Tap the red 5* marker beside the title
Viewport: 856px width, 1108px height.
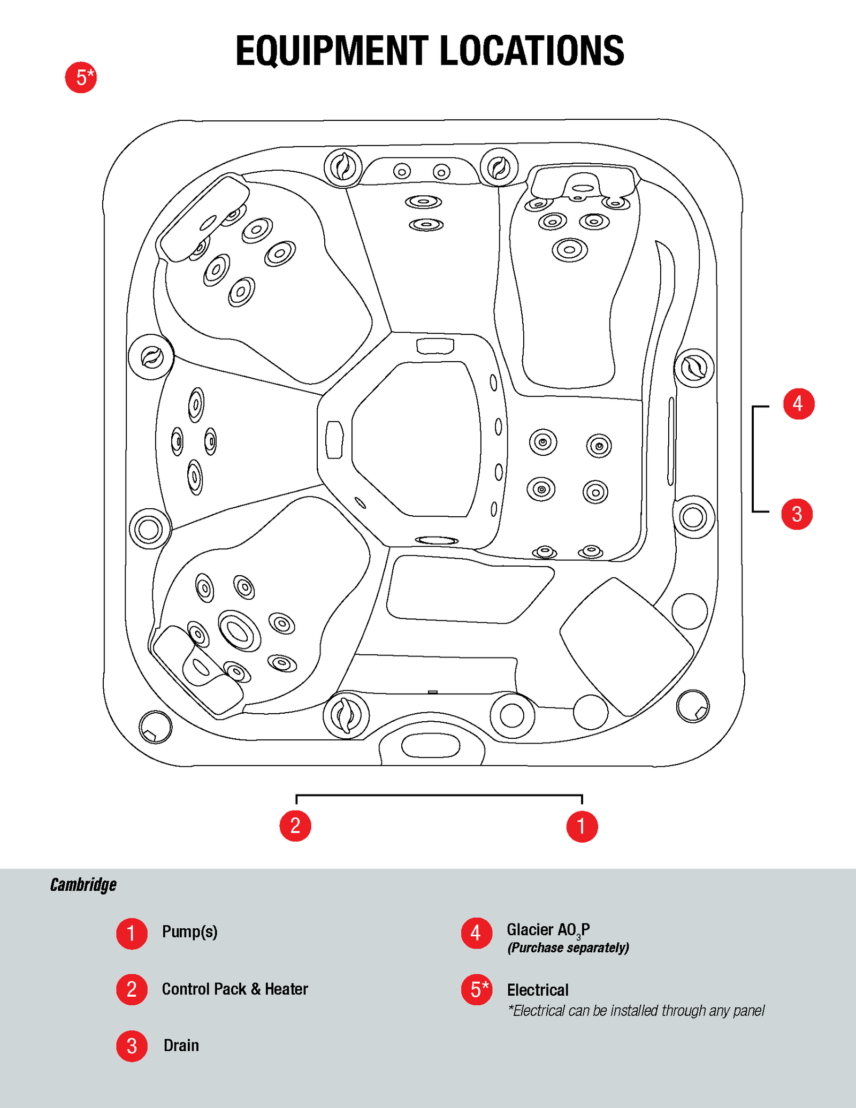click(x=81, y=78)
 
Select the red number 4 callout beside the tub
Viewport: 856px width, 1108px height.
click(x=799, y=403)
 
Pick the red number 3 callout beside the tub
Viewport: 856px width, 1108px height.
click(x=797, y=514)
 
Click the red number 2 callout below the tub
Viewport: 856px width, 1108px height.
click(x=295, y=826)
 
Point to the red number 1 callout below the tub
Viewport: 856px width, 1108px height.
click(x=582, y=827)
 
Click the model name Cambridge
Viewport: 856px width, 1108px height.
click(x=83, y=885)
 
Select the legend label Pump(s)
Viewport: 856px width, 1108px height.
click(x=189, y=932)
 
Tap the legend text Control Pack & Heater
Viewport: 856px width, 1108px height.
click(x=235, y=989)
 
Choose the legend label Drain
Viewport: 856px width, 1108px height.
click(x=181, y=1045)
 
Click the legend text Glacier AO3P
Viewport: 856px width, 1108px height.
click(x=548, y=930)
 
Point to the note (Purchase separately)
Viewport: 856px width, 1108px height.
click(x=568, y=948)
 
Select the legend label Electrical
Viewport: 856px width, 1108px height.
click(x=538, y=990)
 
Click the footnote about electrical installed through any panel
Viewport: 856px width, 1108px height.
click(x=636, y=1011)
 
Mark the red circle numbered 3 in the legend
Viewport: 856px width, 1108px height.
click(x=132, y=1046)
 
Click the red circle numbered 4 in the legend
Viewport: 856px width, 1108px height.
click(x=476, y=934)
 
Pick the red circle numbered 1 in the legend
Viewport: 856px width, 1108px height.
click(x=132, y=934)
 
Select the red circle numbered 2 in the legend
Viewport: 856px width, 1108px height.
click(x=132, y=989)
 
